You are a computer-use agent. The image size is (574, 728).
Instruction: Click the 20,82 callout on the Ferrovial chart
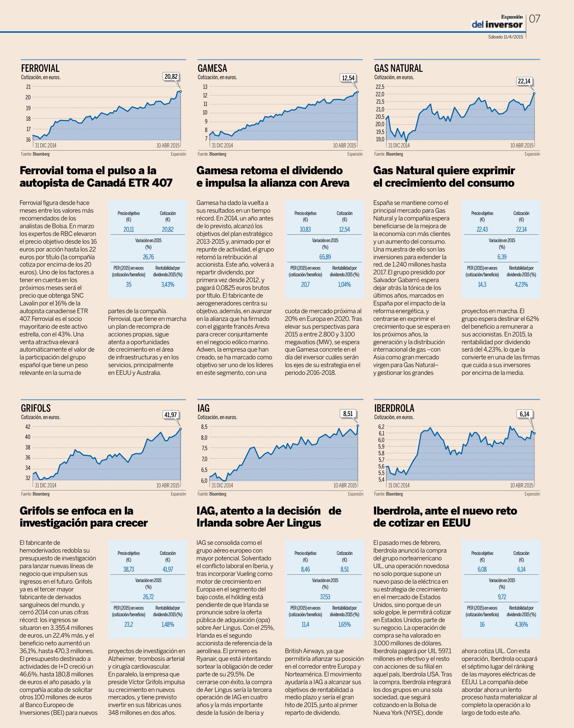[171, 76]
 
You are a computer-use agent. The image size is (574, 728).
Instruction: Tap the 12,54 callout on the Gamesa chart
[348, 78]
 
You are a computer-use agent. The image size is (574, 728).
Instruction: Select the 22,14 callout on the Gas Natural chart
[524, 81]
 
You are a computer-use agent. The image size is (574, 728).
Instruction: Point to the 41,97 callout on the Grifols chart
[171, 415]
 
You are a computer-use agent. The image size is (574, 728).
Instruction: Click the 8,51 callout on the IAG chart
[348, 414]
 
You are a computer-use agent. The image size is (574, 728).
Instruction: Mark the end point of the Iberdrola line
[534, 433]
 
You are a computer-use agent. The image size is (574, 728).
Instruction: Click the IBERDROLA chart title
[394, 408]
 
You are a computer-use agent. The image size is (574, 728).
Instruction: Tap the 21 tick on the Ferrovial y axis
[28, 87]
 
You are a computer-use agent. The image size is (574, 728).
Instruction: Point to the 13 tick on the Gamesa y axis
[205, 87]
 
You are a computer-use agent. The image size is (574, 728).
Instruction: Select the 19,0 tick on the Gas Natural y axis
[380, 139]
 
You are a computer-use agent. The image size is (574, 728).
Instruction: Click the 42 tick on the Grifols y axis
[28, 426]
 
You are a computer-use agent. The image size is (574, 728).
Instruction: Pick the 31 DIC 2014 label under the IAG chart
[222, 485]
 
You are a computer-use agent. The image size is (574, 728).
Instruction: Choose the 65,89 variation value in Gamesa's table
[325, 257]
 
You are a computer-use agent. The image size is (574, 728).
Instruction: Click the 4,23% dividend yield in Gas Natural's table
[521, 284]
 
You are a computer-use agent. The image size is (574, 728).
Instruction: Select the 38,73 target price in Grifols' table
[129, 569]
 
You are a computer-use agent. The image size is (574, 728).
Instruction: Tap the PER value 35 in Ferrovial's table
[129, 284]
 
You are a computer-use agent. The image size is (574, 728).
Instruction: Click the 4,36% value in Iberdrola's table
[521, 624]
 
